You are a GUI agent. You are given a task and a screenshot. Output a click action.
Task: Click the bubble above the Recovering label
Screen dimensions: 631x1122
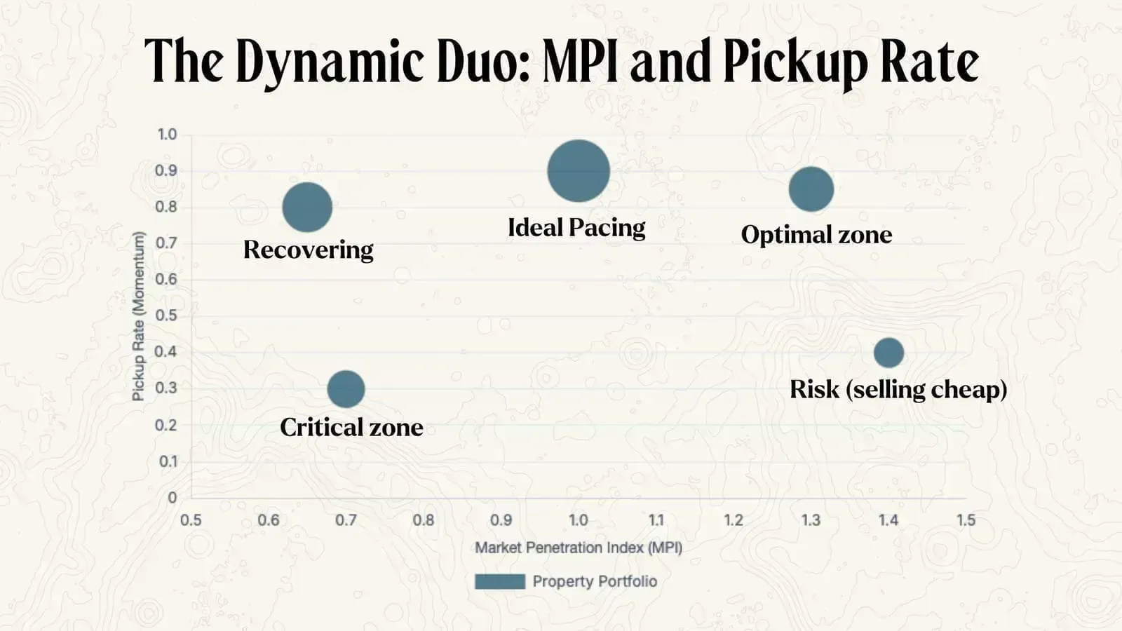(x=307, y=207)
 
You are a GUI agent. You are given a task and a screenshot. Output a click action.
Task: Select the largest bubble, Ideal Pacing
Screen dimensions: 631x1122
(x=579, y=171)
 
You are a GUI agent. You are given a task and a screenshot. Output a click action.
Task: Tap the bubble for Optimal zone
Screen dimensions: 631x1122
(x=811, y=189)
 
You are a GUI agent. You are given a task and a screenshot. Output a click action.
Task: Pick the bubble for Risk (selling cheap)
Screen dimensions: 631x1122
(x=888, y=353)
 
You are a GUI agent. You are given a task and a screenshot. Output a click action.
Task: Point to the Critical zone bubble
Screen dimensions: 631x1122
(x=346, y=389)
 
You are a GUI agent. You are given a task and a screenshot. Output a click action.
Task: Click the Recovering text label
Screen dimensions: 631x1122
(x=308, y=250)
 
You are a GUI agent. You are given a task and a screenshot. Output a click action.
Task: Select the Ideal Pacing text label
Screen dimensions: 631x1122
(x=576, y=227)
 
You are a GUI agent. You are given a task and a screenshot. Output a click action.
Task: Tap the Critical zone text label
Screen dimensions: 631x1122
(x=351, y=427)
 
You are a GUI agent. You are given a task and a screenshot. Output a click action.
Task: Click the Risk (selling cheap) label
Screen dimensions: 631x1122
(x=898, y=389)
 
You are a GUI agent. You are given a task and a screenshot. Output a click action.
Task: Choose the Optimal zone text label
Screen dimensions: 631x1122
(x=816, y=234)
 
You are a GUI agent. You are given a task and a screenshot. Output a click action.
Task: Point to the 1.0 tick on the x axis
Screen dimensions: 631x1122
(x=579, y=520)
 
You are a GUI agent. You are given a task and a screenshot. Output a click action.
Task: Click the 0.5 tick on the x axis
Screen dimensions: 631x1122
(x=191, y=520)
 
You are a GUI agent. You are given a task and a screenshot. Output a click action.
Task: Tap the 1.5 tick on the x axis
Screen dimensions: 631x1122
(x=966, y=520)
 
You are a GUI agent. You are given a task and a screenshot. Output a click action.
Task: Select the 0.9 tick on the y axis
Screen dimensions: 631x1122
(x=166, y=170)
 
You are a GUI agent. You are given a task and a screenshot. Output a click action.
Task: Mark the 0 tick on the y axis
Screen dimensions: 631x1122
(x=172, y=498)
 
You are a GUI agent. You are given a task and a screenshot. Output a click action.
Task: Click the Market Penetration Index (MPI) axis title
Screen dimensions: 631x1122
(x=579, y=548)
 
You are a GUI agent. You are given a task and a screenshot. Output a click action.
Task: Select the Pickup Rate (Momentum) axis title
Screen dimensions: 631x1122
(x=138, y=315)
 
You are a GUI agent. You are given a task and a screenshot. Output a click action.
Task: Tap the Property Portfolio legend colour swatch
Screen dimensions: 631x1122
(x=500, y=581)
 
